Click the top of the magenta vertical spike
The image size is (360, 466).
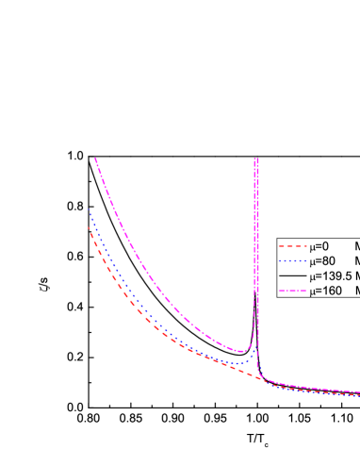tap(256, 158)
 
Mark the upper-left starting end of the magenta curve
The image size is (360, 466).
tap(95, 158)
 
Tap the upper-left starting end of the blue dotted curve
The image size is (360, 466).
tap(90, 209)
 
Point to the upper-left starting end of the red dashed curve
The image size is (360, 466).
tap(90, 227)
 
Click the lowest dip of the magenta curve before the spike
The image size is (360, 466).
tap(241, 351)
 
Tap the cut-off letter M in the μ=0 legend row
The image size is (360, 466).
tap(356, 245)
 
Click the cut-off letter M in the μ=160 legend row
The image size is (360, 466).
tap(356, 291)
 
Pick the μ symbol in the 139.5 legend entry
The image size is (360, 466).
tap(315, 276)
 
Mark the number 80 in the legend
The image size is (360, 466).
tap(331, 260)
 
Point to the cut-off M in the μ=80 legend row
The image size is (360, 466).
tap(356, 260)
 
